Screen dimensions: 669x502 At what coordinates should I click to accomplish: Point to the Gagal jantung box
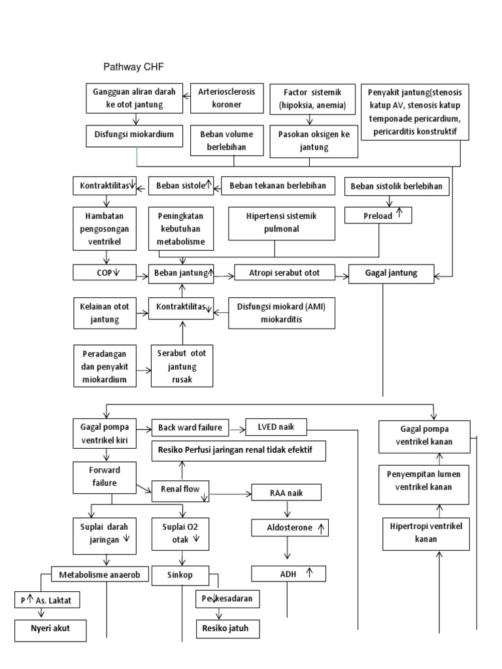click(x=391, y=273)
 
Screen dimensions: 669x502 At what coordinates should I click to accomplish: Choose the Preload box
click(x=379, y=214)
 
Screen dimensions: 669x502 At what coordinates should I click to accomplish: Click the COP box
click(x=105, y=273)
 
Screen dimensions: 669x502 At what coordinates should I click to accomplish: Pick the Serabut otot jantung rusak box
click(x=183, y=367)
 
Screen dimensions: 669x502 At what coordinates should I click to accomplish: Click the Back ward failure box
click(x=190, y=429)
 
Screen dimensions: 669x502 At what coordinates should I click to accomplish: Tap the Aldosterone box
click(x=288, y=527)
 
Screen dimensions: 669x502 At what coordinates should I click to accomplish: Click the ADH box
click(x=288, y=574)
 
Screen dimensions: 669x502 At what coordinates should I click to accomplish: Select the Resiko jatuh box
click(x=227, y=629)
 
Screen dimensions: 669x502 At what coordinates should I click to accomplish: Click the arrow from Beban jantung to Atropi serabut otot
click(x=224, y=274)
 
